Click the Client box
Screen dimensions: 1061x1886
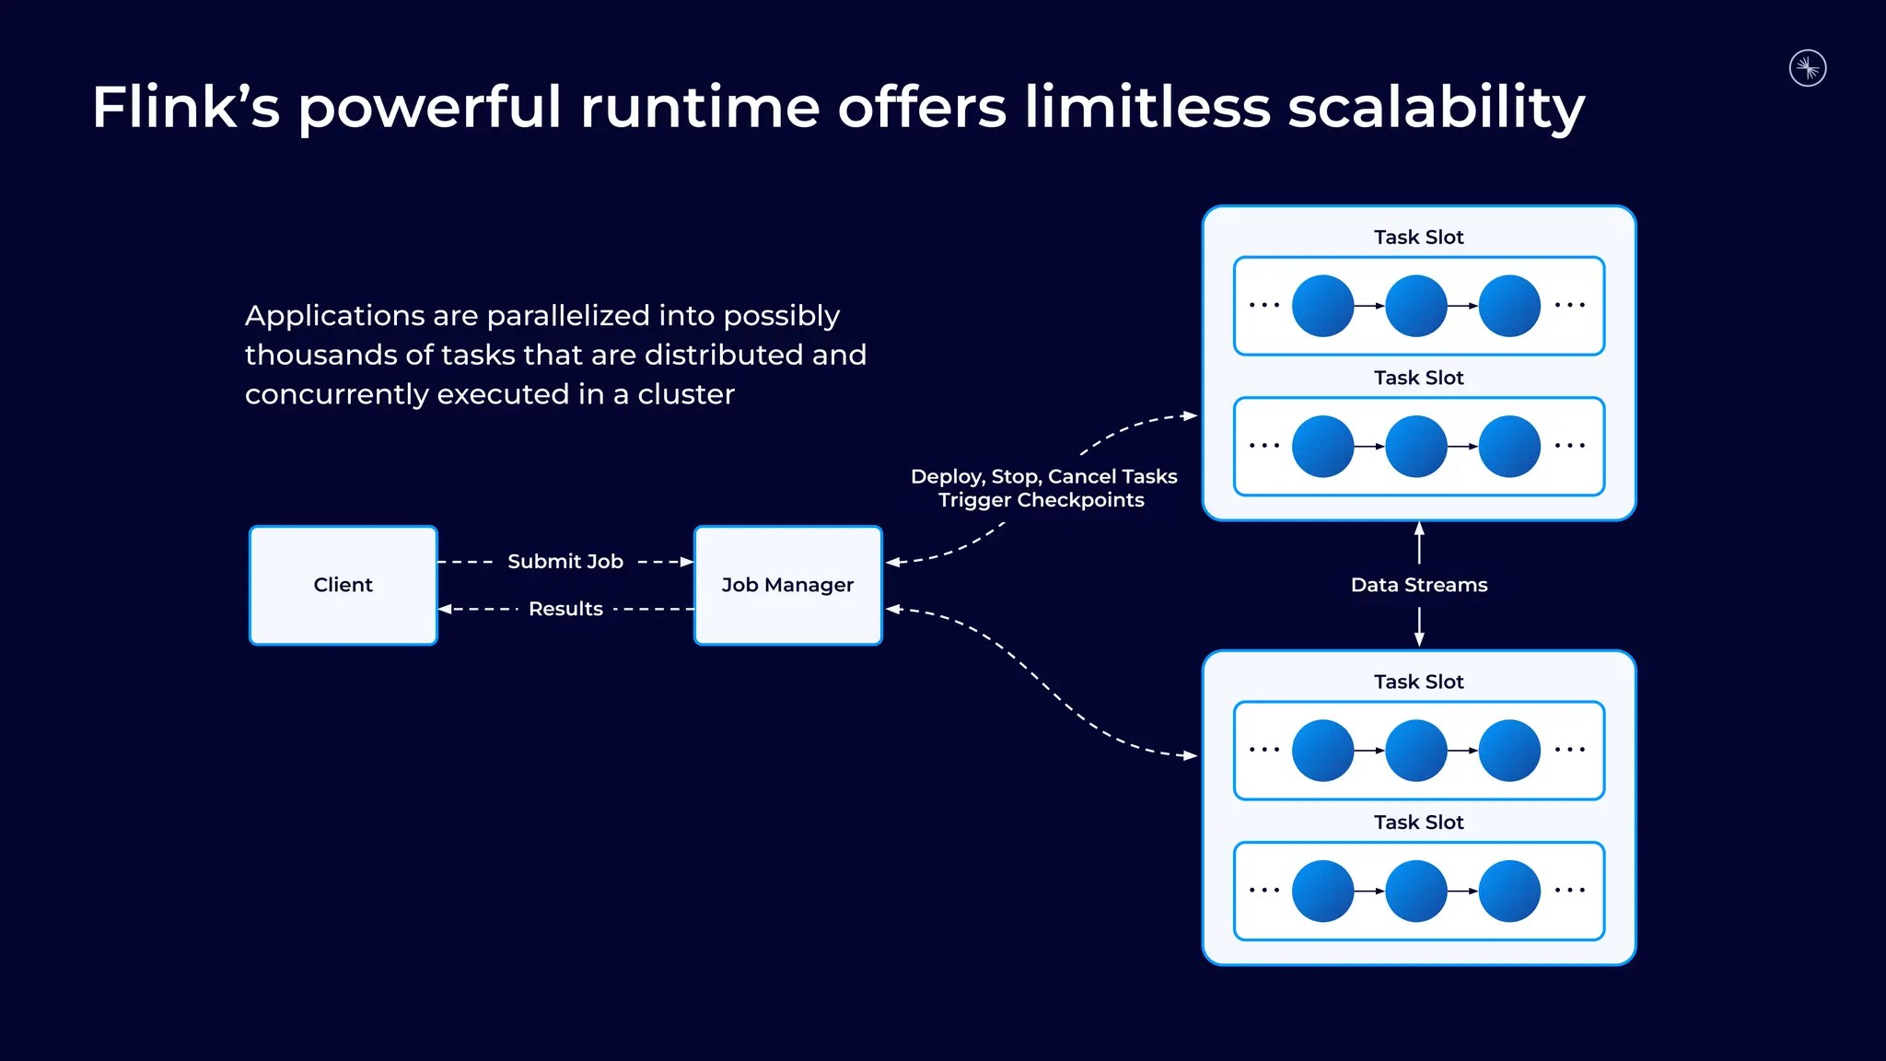[343, 585]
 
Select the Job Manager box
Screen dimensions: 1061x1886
[787, 585]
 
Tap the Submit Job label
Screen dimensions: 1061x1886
[565, 561]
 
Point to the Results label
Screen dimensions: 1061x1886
[565, 609]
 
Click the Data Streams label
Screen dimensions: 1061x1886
[1418, 585]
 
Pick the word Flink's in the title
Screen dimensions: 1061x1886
[185, 107]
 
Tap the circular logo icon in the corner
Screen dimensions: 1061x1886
[1808, 68]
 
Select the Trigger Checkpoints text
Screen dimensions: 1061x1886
[1041, 500]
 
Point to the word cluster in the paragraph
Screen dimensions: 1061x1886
[686, 394]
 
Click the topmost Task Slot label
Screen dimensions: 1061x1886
[1418, 237]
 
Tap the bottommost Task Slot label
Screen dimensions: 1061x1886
[1418, 822]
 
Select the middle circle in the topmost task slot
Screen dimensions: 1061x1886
[1416, 306]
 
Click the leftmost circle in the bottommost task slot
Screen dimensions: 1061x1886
[1322, 891]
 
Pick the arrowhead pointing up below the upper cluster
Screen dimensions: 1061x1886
[1419, 529]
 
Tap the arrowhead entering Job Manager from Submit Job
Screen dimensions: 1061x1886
[687, 561]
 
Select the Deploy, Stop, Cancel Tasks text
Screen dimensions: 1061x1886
[1043, 476]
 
